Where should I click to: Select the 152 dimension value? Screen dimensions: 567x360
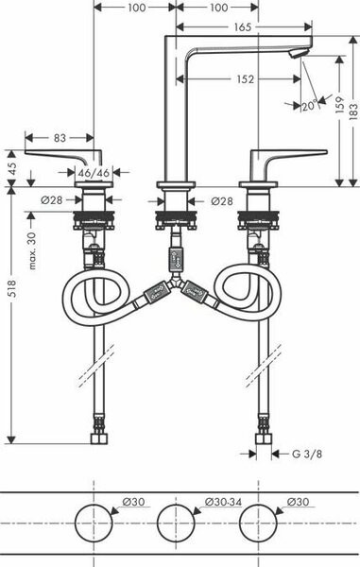click(243, 79)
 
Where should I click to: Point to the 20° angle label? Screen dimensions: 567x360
click(310, 106)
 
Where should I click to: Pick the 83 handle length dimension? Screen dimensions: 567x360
click(60, 138)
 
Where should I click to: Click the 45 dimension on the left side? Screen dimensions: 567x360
click(11, 165)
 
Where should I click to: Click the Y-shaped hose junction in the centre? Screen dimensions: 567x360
click(175, 290)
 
